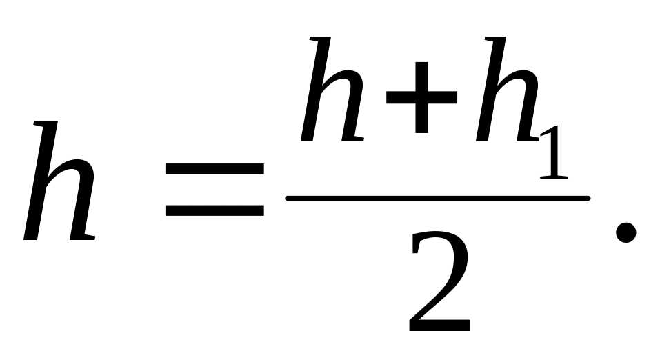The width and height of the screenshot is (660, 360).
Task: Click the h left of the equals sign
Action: tap(61, 183)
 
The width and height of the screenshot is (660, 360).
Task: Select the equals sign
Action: tap(214, 190)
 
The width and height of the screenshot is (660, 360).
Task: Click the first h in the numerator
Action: tap(332, 90)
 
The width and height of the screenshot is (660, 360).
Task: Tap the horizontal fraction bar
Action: tap(438, 199)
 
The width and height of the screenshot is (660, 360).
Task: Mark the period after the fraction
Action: tap(625, 232)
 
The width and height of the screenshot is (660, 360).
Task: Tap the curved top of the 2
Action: tap(440, 238)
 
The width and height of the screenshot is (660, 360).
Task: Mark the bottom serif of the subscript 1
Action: tap(554, 177)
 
